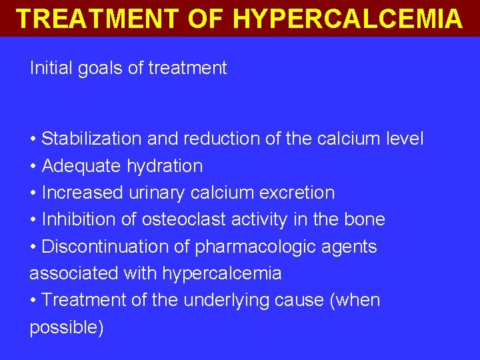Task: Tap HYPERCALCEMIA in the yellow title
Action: [x=347, y=18]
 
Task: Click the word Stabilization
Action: [x=91, y=139]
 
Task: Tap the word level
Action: [x=405, y=139]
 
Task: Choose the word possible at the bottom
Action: [x=65, y=328]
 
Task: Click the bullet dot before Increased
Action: [x=33, y=193]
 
